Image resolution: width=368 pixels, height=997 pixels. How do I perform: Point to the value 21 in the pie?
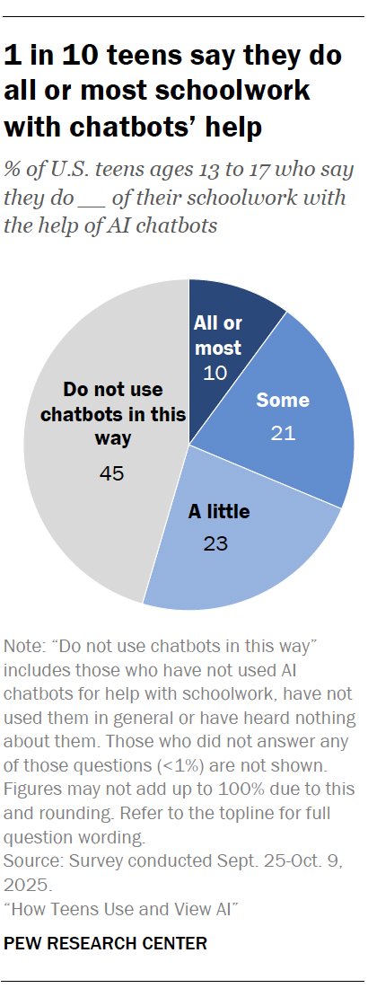click(283, 434)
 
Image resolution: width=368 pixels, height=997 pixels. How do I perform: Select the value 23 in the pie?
click(216, 543)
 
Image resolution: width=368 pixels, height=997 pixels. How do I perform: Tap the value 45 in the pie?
click(112, 472)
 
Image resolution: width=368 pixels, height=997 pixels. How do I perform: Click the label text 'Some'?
click(283, 401)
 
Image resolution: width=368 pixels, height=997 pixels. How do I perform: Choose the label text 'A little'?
click(218, 513)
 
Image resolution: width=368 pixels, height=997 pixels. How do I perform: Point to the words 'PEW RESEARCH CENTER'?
click(106, 942)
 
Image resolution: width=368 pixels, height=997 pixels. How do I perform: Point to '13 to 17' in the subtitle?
click(239, 170)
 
